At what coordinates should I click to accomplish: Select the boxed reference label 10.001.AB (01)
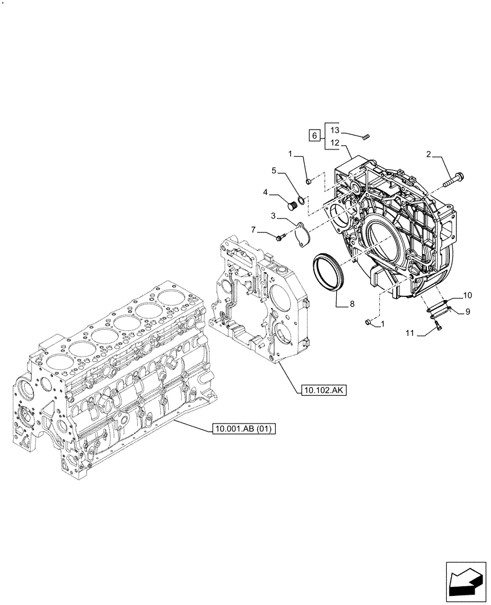click(x=244, y=430)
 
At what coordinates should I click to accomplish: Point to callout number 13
click(x=336, y=131)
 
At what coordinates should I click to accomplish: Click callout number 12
click(x=336, y=143)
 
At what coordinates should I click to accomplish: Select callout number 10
click(x=467, y=295)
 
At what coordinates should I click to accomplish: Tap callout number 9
click(x=467, y=311)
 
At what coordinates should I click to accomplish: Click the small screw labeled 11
click(x=438, y=327)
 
